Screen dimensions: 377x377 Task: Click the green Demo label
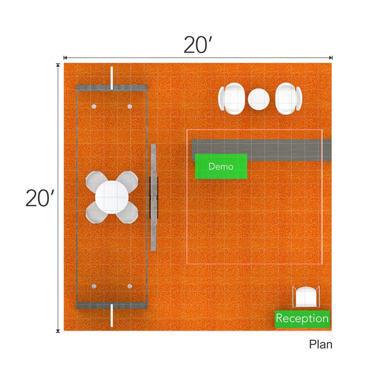pos(221,166)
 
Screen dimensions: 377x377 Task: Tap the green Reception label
pos(302,319)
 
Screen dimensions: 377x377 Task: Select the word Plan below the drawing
pos(320,344)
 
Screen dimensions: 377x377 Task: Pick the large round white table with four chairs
pos(112,197)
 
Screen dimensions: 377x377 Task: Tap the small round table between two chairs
pos(259,99)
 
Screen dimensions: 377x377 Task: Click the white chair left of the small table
pos(231,99)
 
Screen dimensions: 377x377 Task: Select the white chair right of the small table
pos(288,99)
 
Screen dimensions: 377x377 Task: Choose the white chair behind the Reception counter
pos(306,297)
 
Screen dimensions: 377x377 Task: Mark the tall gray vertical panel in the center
pos(154,197)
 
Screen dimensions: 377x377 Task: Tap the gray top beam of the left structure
pos(112,87)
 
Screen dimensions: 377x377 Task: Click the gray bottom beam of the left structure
pos(112,305)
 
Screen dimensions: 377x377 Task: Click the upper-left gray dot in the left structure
pos(94,107)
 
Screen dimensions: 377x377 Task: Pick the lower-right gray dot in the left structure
pos(130,287)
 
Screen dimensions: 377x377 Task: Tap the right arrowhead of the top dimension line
pos(331,58)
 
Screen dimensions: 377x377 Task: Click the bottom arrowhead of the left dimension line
pos(58,331)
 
